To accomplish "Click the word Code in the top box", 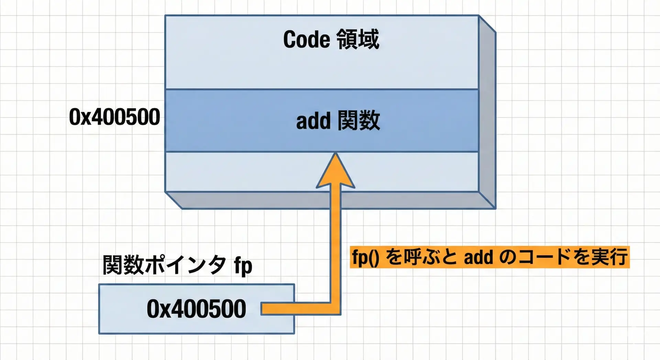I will [306, 40].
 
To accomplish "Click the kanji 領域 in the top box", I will [357, 40].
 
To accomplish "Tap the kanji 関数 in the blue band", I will [359, 121].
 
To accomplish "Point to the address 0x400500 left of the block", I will [114, 117].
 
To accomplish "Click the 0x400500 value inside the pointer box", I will [196, 309].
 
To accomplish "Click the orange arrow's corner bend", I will [335, 308].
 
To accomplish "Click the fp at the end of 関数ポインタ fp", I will [243, 265].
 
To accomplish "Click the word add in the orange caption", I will [478, 257].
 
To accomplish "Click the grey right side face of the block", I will [487, 113].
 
